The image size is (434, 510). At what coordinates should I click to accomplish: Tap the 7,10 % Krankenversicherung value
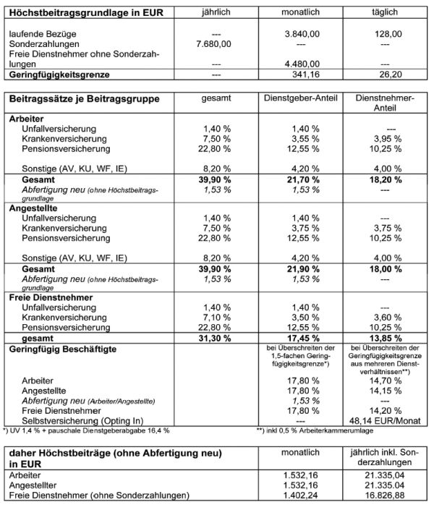(216, 318)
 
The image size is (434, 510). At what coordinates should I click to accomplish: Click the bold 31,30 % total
(216, 339)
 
